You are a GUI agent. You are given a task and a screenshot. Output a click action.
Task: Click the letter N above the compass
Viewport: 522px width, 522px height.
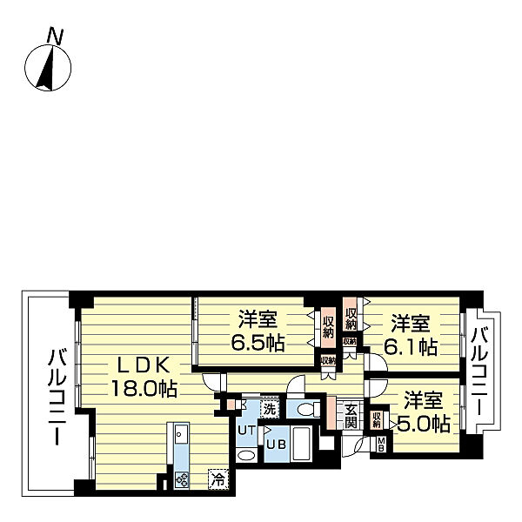[x=56, y=37]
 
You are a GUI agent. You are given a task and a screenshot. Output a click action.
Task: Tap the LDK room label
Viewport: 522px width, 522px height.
[x=144, y=366]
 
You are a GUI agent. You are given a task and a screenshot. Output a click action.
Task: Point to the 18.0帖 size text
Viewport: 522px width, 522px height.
[x=144, y=388]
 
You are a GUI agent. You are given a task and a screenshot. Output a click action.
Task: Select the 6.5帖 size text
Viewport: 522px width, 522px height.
[x=258, y=343]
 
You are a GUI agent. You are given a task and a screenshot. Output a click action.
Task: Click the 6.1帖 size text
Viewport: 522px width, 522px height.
[x=411, y=346]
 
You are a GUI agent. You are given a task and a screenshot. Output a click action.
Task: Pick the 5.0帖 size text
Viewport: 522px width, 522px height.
[x=424, y=424]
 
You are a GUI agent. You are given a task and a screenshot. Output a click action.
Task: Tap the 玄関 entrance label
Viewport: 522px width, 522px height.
[x=351, y=416]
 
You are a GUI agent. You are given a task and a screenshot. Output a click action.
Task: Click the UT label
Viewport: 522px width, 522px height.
[x=247, y=430]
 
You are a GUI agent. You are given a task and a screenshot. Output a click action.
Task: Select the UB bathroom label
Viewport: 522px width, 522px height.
[x=277, y=445]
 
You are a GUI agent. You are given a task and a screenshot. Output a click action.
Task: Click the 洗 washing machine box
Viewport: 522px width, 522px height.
[x=270, y=409]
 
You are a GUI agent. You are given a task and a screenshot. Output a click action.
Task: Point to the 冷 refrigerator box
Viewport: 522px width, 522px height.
[x=218, y=478]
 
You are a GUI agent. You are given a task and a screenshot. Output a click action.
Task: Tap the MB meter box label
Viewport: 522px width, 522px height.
[x=381, y=444]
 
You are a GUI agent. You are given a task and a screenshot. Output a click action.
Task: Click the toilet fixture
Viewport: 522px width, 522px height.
[x=308, y=409]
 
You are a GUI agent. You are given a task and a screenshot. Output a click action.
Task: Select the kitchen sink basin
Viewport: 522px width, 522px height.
[x=181, y=434]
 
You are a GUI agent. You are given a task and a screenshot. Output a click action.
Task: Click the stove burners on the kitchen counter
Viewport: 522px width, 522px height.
[x=182, y=479]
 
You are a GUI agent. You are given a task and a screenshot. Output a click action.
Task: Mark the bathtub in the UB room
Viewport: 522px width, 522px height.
[x=301, y=444]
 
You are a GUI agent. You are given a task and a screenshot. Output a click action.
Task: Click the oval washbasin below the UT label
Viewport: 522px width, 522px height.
[x=246, y=455]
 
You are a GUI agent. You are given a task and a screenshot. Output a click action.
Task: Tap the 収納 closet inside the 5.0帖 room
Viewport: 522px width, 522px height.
[x=377, y=420]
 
